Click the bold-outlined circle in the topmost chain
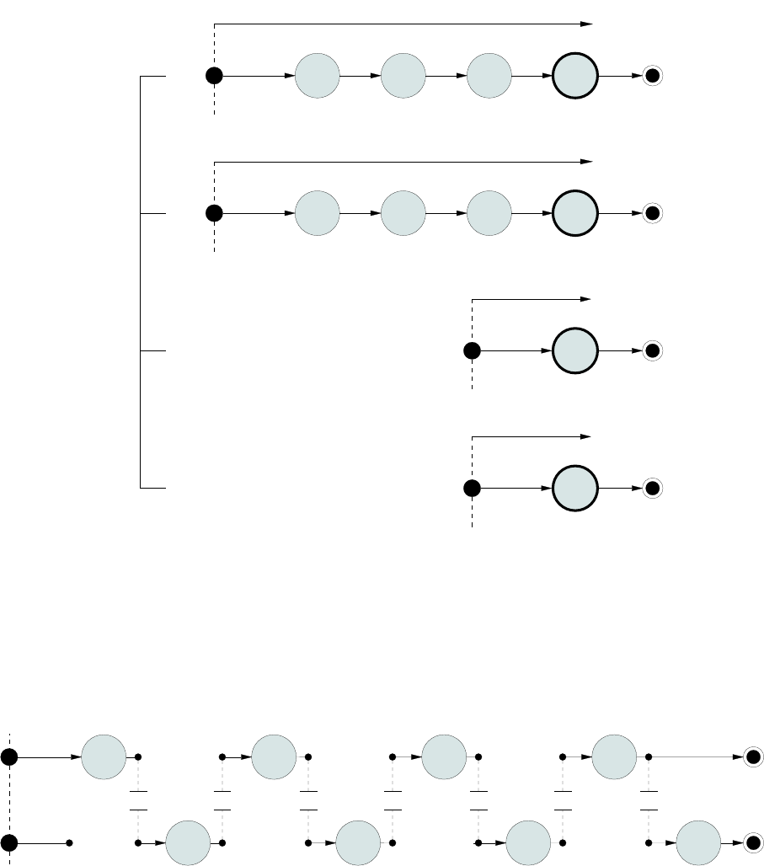tap(575, 77)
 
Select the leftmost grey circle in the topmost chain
tap(318, 77)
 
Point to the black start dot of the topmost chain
tap(215, 77)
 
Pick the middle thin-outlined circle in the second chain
tap(403, 213)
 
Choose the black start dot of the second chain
tap(215, 213)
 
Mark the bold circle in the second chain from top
tap(575, 213)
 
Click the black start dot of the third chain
tap(473, 350)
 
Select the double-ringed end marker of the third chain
tap(652, 350)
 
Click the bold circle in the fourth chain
tap(575, 488)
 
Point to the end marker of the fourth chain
tap(652, 488)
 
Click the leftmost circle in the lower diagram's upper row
tap(104, 757)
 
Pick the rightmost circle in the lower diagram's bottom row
tap(698, 842)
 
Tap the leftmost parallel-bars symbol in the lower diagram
tap(138, 800)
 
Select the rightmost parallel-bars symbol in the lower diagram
tap(649, 800)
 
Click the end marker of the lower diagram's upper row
tap(752, 757)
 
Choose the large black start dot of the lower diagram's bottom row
tap(9, 842)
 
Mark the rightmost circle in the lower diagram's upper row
tap(614, 757)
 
